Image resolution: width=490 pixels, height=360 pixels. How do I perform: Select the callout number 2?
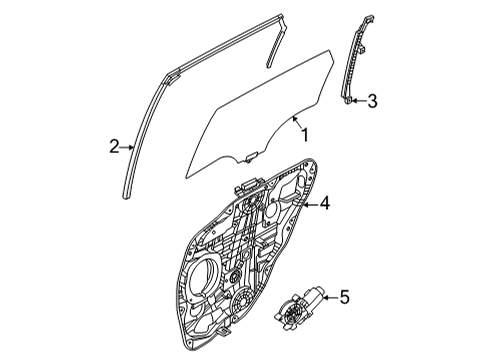[x=114, y=147]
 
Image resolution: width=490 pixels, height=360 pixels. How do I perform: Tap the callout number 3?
[x=372, y=100]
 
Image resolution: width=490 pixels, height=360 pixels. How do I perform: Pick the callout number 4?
[x=324, y=204]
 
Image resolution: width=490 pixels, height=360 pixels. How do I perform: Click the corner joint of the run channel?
[x=175, y=71]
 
